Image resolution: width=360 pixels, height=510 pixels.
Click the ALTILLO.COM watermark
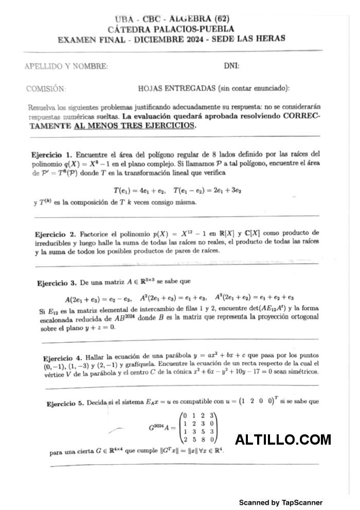pyautogui.click(x=283, y=439)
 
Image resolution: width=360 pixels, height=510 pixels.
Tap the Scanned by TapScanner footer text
pyautogui.click(x=281, y=502)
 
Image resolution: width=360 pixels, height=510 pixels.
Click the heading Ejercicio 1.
pyautogui.click(x=52, y=154)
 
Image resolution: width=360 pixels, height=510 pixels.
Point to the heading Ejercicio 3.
pyautogui.click(x=57, y=282)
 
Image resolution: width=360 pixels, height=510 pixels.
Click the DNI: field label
pyautogui.click(x=231, y=66)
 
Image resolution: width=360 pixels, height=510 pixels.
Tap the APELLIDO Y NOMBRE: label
pyautogui.click(x=66, y=66)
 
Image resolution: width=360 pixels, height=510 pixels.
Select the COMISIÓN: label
pyautogui.click(x=46, y=89)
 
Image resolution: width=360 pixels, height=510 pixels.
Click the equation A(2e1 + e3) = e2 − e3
pyautogui.click(x=98, y=298)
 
